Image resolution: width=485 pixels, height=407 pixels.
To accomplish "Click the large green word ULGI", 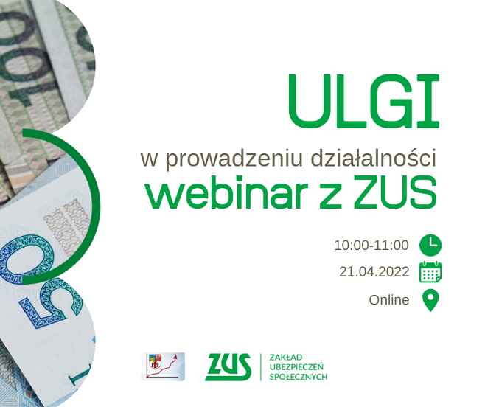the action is tap(364, 101).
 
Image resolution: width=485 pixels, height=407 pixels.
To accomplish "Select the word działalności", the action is tap(374, 157).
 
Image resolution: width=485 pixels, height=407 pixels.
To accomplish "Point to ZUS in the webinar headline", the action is tap(395, 192).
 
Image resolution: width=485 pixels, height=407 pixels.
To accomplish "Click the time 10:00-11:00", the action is tap(371, 246).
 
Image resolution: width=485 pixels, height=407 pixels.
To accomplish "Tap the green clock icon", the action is tap(430, 246).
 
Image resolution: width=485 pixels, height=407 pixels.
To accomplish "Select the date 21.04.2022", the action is tap(374, 272).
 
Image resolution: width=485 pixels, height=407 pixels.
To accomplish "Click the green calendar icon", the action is tap(430, 272).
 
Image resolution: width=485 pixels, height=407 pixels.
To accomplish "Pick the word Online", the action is tap(389, 300).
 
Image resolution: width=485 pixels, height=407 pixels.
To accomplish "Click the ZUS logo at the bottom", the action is tap(228, 366).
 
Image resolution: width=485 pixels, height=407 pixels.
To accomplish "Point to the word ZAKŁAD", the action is tap(286, 358).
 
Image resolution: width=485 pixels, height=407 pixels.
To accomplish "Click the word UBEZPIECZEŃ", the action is tap(296, 366).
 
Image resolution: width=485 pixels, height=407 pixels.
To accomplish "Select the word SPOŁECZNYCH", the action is tap(299, 377).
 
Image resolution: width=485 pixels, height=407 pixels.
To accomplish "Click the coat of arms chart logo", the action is tap(163, 366).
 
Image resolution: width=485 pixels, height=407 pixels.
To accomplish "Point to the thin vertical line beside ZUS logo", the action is tap(261, 366).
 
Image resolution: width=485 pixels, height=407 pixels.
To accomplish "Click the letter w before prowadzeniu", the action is tap(149, 160).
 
